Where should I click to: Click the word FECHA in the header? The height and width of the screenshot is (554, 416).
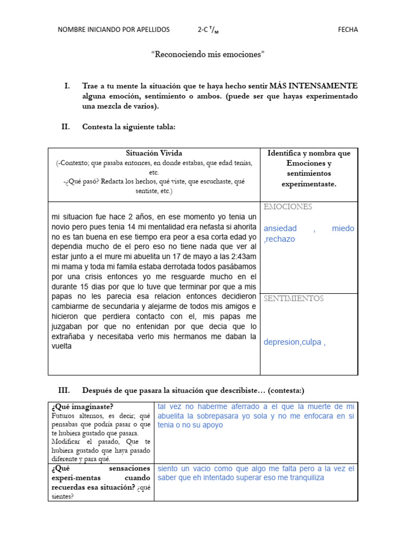348,30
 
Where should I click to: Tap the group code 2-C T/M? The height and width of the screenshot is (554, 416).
209,30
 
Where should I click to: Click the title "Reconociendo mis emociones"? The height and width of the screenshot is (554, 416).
208,55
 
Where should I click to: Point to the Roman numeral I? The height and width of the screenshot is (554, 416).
67,86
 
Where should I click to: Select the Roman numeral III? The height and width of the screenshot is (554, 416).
64,390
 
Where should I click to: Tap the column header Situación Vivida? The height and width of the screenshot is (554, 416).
154,153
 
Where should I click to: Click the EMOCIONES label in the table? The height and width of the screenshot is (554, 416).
288,207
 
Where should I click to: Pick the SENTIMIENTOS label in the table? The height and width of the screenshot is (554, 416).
294,299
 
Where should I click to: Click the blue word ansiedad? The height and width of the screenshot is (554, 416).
280,228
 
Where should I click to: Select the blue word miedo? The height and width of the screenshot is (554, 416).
343,228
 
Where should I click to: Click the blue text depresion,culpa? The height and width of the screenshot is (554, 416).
292,342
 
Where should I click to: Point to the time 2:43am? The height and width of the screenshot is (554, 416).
241,257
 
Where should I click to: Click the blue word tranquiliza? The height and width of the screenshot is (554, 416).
301,478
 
